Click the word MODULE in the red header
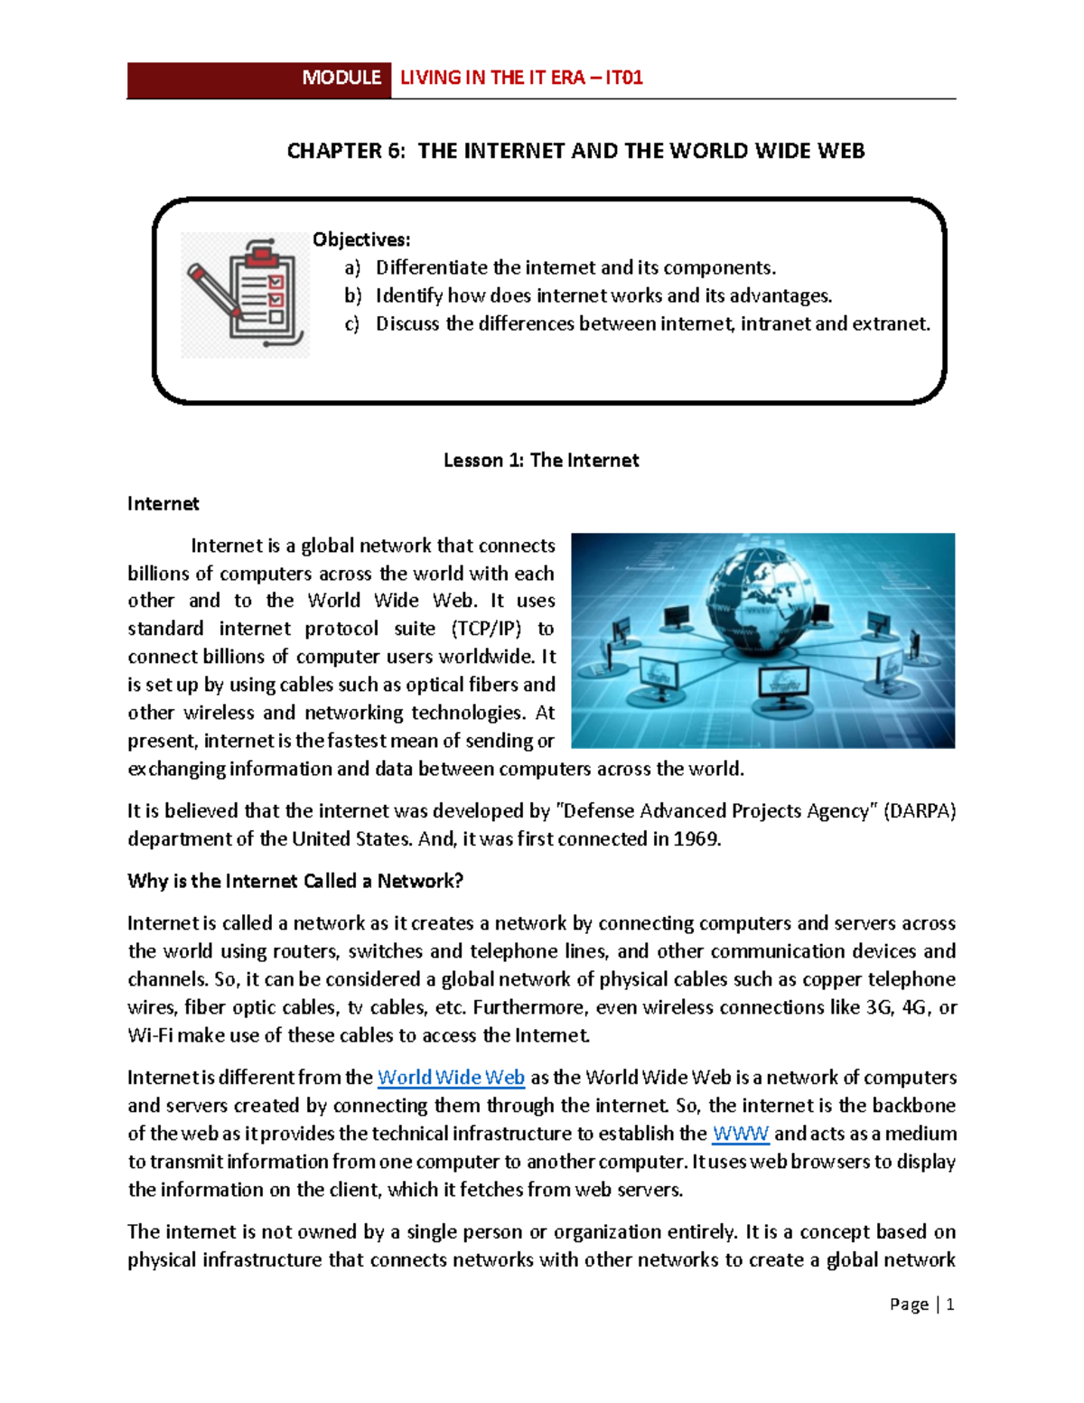coord(341,79)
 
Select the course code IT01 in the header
coord(624,79)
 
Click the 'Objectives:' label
coord(361,239)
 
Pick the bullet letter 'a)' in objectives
coord(352,267)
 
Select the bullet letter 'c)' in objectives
coord(352,323)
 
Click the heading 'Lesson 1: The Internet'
coord(541,460)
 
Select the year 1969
coord(697,839)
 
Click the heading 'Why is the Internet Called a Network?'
coord(295,881)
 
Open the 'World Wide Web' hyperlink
coord(451,1078)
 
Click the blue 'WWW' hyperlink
coord(741,1134)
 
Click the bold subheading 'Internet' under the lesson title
coord(163,503)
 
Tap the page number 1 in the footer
coord(949,1305)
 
